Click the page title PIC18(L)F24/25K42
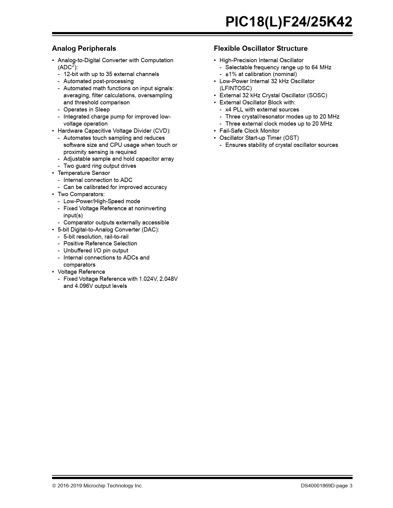289,22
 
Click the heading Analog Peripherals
84,48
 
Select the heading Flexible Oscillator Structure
260,48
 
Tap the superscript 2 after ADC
73,65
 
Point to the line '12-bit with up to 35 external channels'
111,74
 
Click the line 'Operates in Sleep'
86,110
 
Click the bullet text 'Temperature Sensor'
84,173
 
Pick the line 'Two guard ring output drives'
100,166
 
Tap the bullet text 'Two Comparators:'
81,194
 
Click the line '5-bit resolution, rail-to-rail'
96,237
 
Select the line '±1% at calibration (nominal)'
261,74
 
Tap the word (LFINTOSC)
235,88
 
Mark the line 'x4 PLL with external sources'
262,110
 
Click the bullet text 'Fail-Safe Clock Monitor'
249,131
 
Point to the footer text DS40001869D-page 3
327,486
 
